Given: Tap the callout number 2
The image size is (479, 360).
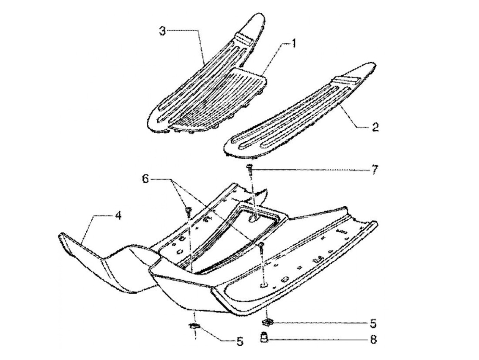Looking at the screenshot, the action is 375,128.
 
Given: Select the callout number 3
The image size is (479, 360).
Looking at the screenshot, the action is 162,31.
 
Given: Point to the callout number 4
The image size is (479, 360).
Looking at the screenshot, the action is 117,216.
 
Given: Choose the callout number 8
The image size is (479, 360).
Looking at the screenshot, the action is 374,339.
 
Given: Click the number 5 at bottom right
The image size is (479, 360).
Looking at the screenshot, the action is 374,323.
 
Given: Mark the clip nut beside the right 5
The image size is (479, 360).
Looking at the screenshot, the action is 268,322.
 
